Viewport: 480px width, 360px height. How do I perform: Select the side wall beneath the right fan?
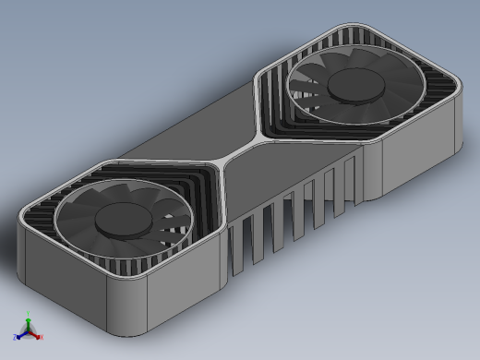[x=420, y=157]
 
